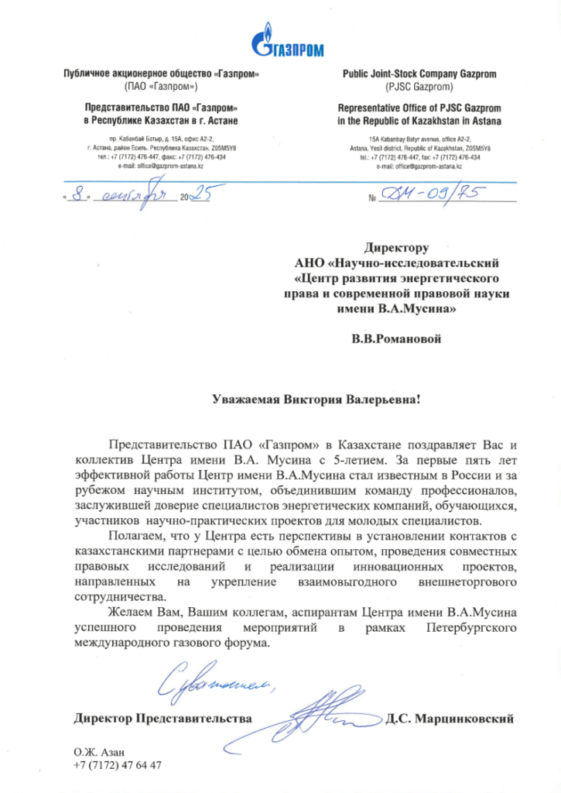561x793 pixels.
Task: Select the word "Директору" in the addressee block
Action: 396,249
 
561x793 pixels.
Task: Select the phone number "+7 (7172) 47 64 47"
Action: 118,765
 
